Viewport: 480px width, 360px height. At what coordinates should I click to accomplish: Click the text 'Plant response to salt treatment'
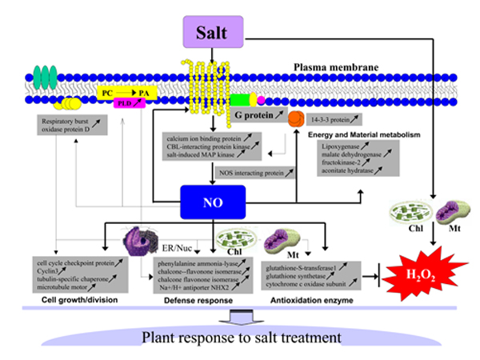(x=239, y=335)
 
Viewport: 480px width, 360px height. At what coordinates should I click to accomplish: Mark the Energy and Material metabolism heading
(x=363, y=134)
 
